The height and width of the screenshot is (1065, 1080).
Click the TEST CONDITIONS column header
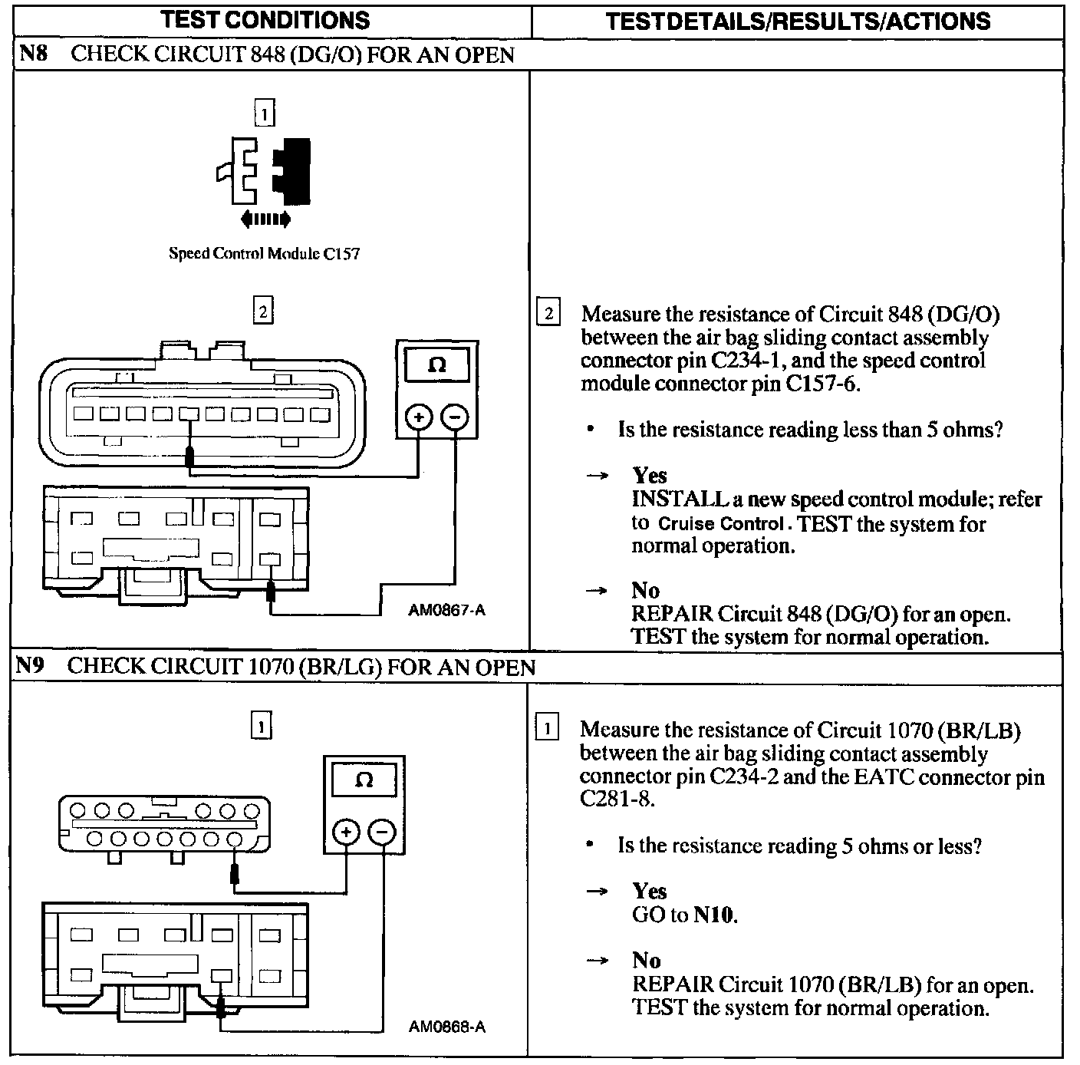click(x=265, y=20)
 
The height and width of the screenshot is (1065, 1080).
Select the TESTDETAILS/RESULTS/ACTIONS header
click(x=798, y=21)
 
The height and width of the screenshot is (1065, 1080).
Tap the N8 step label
click(x=34, y=54)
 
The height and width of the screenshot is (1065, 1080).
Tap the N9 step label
click(x=32, y=665)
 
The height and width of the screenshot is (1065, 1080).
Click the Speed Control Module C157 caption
click(x=264, y=254)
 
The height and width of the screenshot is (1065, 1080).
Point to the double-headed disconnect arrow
click(x=265, y=219)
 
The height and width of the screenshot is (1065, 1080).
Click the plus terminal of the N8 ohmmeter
click(x=419, y=417)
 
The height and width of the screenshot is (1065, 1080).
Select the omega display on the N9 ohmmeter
click(x=364, y=781)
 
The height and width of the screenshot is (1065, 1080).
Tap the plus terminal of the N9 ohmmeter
click(x=347, y=833)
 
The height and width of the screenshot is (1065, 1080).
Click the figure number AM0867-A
click(x=447, y=611)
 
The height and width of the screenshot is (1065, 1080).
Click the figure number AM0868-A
click(x=447, y=1027)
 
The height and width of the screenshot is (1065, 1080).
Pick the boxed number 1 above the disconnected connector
click(x=264, y=114)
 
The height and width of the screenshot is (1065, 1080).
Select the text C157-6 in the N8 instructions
click(x=822, y=384)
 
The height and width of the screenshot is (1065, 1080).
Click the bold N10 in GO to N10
click(x=714, y=915)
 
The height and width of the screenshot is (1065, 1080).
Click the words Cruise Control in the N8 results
click(x=721, y=525)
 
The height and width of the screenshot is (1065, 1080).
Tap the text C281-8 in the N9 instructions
click(x=617, y=800)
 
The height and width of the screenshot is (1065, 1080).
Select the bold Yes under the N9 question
click(x=650, y=891)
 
